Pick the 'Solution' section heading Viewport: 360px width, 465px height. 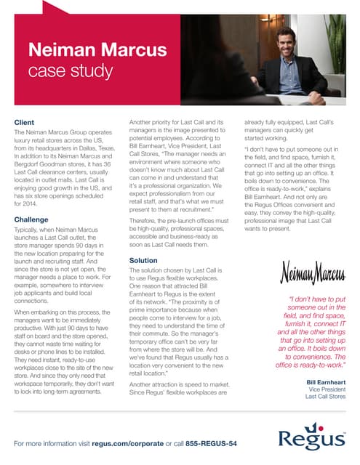click(143, 259)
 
